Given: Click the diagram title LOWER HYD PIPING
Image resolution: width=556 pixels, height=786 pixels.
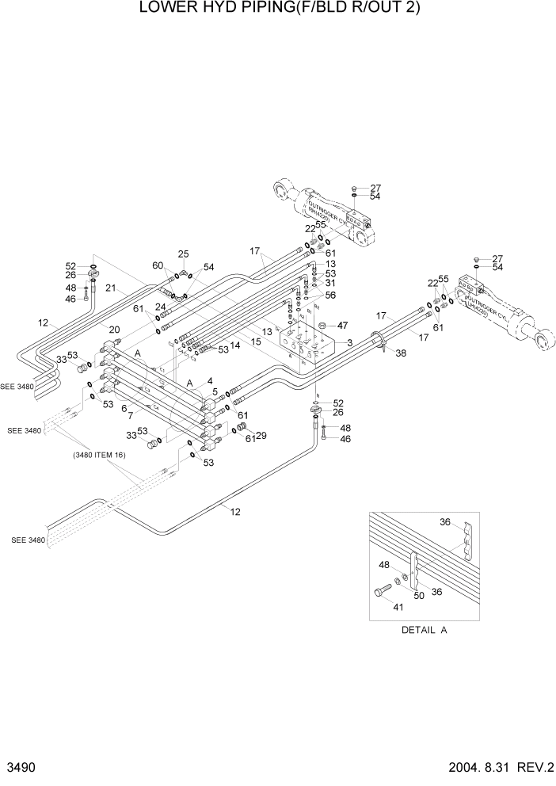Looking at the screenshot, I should tap(279, 9).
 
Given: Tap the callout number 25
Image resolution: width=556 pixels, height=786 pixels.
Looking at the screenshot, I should tap(184, 254).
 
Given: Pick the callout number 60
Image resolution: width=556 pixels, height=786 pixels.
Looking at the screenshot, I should tap(158, 265).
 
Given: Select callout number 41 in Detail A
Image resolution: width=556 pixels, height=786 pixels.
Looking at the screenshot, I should tap(397, 606).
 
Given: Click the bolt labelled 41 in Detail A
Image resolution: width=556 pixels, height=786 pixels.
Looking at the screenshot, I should tap(382, 590).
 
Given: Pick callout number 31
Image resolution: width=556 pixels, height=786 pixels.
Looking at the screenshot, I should tap(330, 284).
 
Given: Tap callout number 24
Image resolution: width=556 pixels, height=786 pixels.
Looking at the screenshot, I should tap(161, 306).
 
